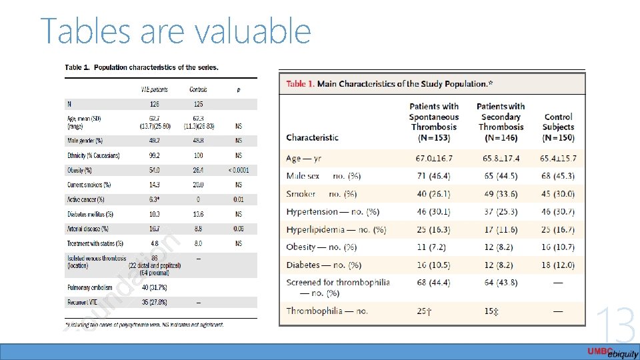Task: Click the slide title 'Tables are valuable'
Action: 176,31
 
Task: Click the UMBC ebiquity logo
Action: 612,352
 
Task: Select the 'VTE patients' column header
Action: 155,89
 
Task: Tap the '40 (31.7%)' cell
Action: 155,287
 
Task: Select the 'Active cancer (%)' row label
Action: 86,199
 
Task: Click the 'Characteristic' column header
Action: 312,137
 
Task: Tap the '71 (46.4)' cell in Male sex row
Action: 433,176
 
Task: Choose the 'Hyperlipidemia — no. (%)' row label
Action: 336,229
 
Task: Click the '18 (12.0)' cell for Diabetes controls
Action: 558,265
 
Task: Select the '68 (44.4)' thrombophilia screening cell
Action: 433,282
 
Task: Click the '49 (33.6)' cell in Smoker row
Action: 501,194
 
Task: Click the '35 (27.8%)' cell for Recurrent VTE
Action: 155,302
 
